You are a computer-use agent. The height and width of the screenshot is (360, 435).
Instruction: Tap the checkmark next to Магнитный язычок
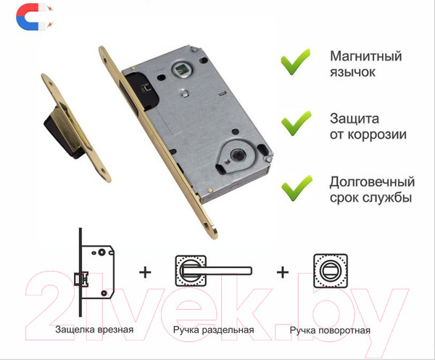click(x=295, y=62)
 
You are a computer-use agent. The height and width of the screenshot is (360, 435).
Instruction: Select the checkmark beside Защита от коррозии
click(x=297, y=123)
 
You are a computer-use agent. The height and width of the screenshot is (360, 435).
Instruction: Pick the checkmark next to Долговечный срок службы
click(x=297, y=188)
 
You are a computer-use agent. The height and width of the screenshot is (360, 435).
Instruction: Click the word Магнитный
click(x=366, y=56)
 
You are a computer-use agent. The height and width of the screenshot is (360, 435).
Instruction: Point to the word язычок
click(x=352, y=73)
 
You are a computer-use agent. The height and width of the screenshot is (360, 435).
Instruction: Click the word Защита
click(x=355, y=118)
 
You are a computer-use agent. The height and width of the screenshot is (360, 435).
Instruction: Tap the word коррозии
click(x=377, y=135)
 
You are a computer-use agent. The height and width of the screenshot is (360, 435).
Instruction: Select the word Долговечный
click(x=373, y=182)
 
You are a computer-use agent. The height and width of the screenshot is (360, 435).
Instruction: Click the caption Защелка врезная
click(x=94, y=330)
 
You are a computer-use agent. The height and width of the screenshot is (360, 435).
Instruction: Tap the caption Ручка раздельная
click(x=214, y=330)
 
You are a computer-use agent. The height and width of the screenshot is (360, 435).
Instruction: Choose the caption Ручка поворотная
click(x=330, y=330)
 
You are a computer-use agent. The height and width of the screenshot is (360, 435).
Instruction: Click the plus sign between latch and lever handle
click(x=145, y=272)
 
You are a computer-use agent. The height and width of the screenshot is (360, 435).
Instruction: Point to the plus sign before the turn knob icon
click(x=283, y=272)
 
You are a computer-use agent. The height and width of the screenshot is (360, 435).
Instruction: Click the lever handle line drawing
click(x=213, y=271)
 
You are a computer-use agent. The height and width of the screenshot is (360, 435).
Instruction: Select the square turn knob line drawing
click(x=331, y=271)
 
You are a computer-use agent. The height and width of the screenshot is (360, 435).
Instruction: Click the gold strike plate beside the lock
click(x=76, y=128)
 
